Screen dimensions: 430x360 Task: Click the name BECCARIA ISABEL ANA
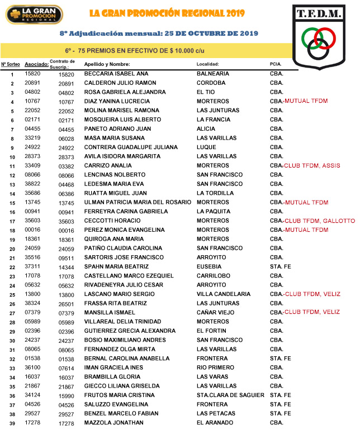pyautogui.click(x=116, y=74)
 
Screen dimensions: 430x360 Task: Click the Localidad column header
pyautogui.click(x=211, y=64)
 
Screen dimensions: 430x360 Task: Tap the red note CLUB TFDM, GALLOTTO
pyautogui.click(x=319, y=221)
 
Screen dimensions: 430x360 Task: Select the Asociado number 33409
pyautogui.click(x=33, y=165)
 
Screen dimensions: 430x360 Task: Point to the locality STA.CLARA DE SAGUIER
pyautogui.click(x=230, y=395)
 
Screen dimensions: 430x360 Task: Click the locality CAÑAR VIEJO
pyautogui.click(x=216, y=312)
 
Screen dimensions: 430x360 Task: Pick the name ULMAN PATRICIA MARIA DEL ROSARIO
pyautogui.click(x=138, y=202)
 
